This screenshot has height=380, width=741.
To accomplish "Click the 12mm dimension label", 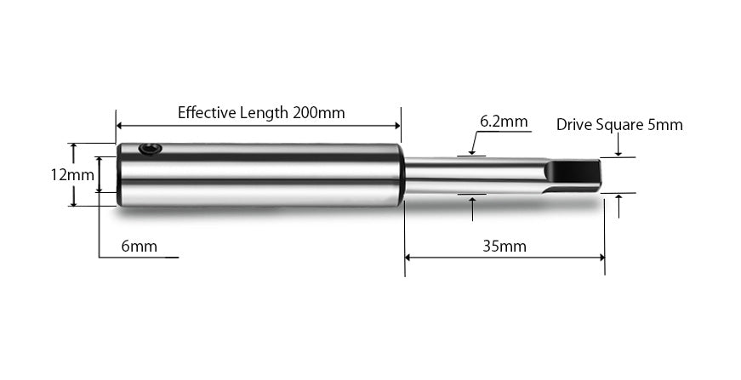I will [x=71, y=175].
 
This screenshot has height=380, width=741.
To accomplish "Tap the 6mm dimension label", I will [x=139, y=247].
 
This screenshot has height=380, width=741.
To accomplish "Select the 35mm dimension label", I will [x=504, y=247].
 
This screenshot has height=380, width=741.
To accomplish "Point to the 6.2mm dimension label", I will [x=504, y=122].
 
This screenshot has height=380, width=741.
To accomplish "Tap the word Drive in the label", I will [x=574, y=125].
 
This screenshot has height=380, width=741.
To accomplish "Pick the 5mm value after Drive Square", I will [x=664, y=125].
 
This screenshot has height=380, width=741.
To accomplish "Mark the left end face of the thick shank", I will [x=119, y=174].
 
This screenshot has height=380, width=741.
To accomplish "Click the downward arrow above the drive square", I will [x=618, y=153].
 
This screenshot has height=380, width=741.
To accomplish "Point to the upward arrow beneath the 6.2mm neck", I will [x=472, y=200].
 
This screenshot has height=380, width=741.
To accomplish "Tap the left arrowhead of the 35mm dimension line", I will [x=409, y=256].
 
